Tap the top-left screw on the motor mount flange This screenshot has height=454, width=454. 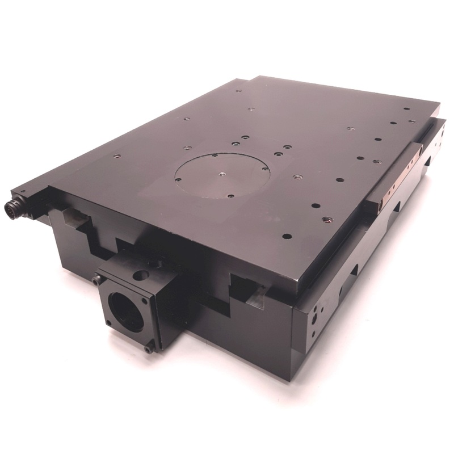tap(98, 279)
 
